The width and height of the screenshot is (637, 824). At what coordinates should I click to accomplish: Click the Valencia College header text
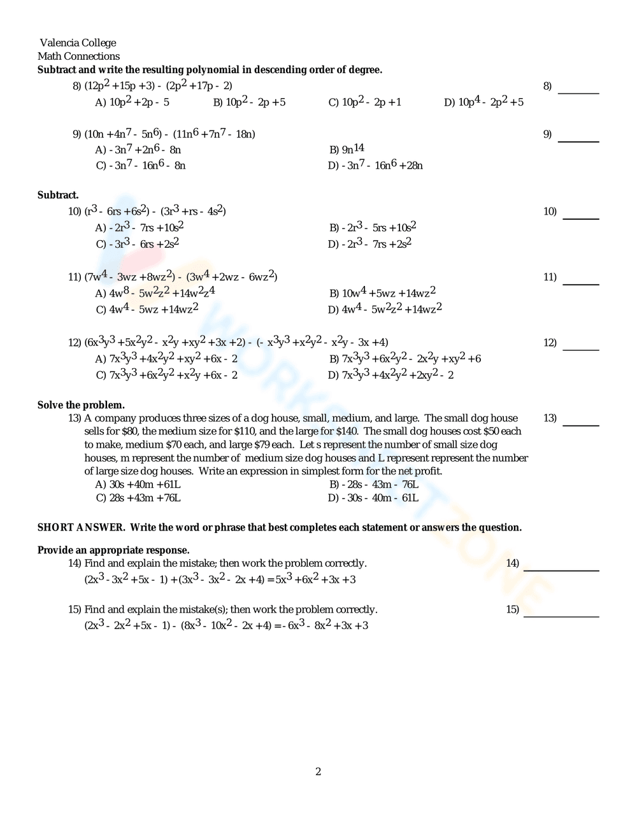[x=78, y=43]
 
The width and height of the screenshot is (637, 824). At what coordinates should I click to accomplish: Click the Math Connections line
[x=78, y=56]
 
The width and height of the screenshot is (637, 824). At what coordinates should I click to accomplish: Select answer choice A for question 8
[x=132, y=102]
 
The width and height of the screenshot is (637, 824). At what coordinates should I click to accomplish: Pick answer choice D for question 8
[x=483, y=102]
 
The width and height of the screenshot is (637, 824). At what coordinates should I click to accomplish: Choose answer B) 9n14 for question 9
[x=347, y=150]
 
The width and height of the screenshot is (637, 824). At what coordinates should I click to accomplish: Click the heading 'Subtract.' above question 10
[x=58, y=195]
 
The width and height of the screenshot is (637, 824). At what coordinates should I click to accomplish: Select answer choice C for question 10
[x=138, y=244]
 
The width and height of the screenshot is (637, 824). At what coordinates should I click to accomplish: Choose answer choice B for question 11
[x=382, y=293]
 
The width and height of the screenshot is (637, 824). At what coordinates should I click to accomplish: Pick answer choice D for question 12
[x=390, y=375]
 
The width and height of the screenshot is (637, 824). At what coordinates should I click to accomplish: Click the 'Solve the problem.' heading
[x=81, y=405]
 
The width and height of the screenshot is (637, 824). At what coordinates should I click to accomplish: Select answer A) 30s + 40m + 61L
[x=138, y=484]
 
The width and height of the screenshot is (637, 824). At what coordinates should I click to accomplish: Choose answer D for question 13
[x=373, y=498]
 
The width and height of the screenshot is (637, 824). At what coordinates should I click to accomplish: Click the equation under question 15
[x=226, y=625]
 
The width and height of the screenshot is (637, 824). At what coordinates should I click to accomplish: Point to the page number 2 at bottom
[x=318, y=772]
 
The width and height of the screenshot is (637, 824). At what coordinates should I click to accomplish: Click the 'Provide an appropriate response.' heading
[x=113, y=550]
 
